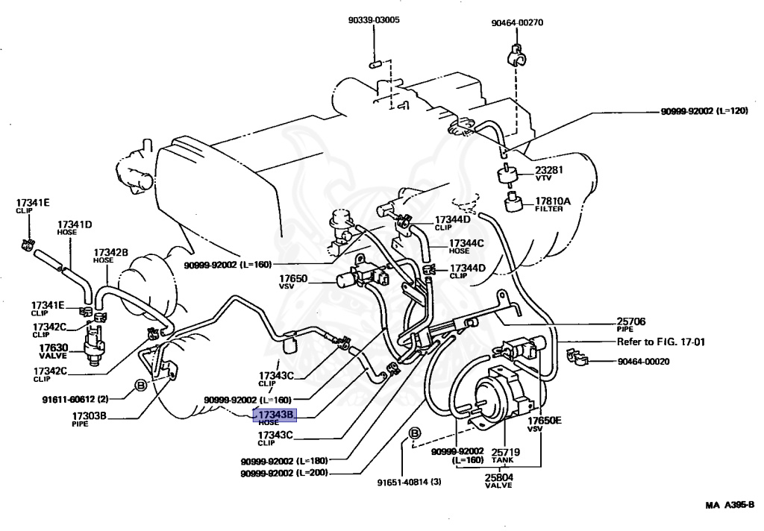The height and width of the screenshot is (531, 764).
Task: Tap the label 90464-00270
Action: point(517,22)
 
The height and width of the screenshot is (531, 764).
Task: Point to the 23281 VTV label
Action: point(549,173)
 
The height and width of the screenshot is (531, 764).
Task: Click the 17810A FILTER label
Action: point(553,204)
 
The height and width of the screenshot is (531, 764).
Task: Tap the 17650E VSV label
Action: point(545,424)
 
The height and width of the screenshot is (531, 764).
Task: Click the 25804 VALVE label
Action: point(500,480)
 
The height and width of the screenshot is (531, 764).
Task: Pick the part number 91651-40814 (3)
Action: point(409,481)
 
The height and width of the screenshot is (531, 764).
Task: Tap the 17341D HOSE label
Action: point(75,227)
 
